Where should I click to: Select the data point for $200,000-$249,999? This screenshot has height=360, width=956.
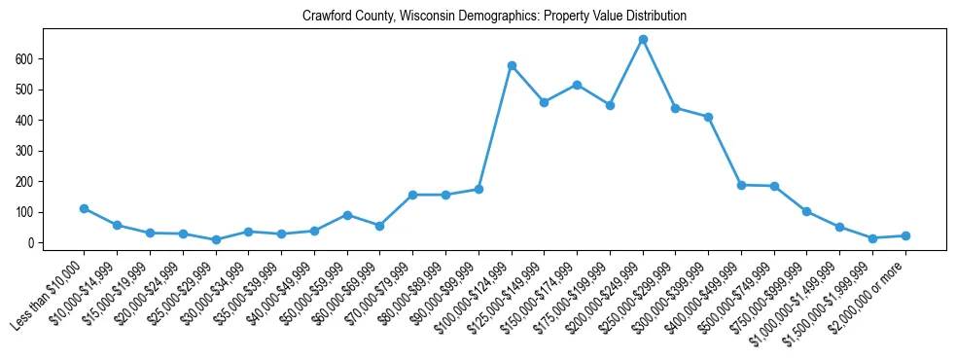[643, 40]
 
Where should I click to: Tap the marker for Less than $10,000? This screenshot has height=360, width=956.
[85, 208]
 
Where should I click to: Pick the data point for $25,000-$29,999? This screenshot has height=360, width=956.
[216, 239]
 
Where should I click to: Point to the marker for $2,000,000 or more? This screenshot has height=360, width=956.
[905, 235]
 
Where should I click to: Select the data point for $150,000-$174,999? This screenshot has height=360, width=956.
[577, 85]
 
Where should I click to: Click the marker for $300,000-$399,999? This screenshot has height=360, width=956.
[708, 117]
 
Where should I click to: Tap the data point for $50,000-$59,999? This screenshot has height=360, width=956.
[347, 215]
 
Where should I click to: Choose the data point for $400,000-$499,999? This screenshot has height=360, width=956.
[741, 185]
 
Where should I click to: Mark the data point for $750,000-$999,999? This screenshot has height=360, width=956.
[807, 211]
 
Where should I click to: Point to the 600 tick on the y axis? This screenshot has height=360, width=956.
[32, 59]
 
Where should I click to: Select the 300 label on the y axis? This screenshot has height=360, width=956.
[32, 151]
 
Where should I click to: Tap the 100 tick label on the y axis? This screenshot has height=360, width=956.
[32, 212]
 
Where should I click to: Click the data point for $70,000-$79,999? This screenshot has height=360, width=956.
[412, 195]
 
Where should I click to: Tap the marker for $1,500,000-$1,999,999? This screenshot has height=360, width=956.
[873, 238]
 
